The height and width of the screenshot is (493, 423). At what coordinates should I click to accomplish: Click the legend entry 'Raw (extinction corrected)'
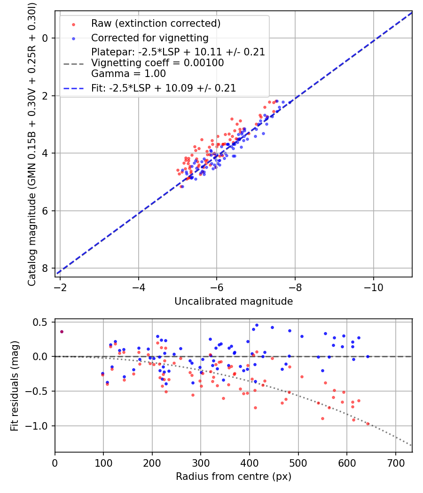click(156, 23)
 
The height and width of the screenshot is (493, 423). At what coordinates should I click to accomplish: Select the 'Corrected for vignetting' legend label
click(150, 38)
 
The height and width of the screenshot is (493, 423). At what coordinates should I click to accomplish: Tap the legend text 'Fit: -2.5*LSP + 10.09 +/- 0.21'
click(164, 88)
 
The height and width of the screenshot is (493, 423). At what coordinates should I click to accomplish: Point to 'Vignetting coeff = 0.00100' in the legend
click(157, 63)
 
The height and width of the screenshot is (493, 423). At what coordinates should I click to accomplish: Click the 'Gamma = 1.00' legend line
click(128, 74)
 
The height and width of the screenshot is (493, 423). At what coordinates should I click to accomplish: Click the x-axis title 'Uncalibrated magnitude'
click(234, 301)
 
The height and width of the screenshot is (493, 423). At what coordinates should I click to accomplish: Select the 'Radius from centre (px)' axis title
click(234, 477)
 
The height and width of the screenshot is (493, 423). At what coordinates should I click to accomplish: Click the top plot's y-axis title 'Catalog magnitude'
click(32, 143)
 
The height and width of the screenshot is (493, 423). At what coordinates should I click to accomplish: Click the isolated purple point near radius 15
click(62, 331)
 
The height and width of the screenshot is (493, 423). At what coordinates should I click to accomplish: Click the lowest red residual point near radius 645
click(368, 424)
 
